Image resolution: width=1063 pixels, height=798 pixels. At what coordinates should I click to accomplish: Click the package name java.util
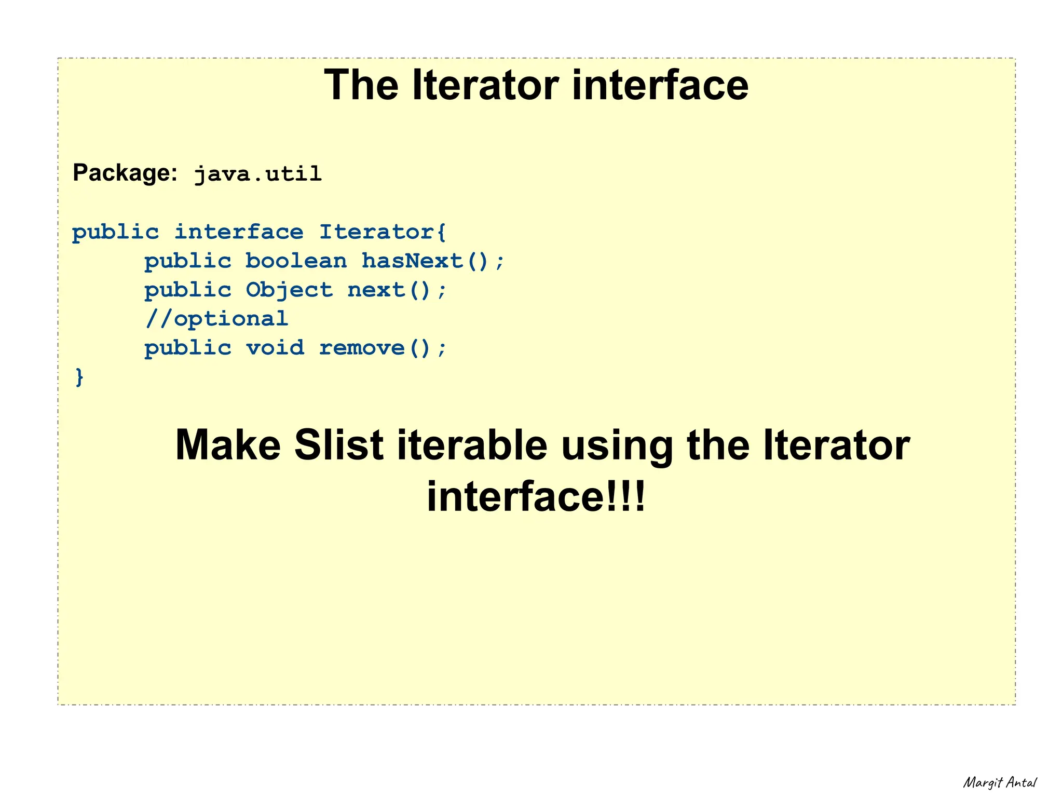258,174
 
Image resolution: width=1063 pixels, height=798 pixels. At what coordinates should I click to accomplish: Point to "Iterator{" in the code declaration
383,232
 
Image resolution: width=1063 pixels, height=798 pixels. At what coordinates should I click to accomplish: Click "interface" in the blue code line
239,232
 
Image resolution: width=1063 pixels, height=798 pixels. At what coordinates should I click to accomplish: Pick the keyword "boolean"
296,261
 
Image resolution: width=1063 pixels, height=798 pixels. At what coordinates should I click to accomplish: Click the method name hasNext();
433,261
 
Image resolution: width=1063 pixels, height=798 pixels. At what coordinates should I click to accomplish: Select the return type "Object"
289,290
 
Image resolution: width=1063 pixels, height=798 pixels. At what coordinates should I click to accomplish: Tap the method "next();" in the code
397,290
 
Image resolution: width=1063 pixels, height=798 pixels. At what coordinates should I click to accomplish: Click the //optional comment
216,319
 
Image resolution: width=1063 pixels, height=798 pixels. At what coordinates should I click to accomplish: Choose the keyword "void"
275,348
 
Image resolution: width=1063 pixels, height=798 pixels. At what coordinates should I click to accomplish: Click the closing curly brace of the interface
79,376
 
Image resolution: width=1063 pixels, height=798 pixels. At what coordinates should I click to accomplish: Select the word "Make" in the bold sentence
228,445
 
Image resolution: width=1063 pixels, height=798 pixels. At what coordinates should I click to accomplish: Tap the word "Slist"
338,445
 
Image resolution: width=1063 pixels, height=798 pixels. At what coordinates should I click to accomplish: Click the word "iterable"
472,445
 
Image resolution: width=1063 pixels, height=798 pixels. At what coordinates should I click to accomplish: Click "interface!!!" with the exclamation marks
536,496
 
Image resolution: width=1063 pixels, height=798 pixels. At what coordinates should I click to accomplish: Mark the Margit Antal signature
1000,782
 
